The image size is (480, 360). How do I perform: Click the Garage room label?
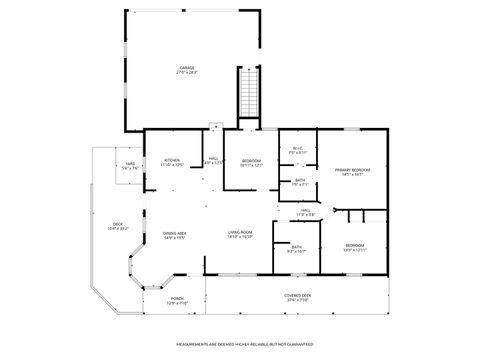187,68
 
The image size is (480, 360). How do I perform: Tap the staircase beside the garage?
249,95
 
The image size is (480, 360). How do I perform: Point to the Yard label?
130,164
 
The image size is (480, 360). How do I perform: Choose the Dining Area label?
176,233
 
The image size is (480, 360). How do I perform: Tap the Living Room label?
239,233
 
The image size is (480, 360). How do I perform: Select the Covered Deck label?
298,296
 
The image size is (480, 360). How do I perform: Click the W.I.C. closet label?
298,149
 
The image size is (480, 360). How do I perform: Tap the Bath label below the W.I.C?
299,180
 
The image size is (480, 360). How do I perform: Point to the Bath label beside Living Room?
297,246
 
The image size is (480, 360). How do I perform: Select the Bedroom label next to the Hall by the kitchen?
251,160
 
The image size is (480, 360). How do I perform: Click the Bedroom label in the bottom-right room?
356,245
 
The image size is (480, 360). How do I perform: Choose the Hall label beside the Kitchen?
213,159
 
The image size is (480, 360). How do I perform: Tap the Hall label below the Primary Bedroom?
306,211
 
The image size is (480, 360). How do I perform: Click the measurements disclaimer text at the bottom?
240,343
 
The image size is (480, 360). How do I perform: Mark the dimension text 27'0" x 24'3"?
187,72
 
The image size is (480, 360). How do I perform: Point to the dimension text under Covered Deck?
298,300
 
